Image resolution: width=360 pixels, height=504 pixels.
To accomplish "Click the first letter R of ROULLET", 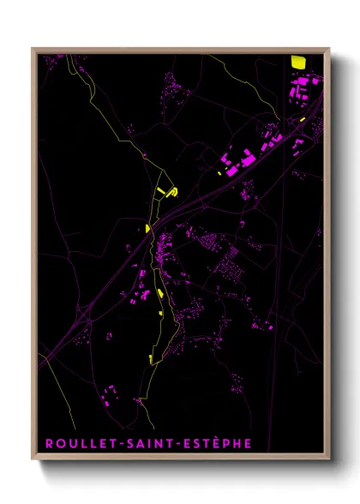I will (x=47, y=443).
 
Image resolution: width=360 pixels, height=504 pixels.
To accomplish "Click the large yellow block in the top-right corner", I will (x=297, y=62).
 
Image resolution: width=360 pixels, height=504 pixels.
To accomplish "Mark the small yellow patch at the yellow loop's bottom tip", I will (x=152, y=359).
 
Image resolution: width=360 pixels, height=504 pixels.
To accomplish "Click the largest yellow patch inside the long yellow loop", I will (x=160, y=294).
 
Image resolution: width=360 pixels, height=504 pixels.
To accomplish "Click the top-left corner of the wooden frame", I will (x=33, y=49).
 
